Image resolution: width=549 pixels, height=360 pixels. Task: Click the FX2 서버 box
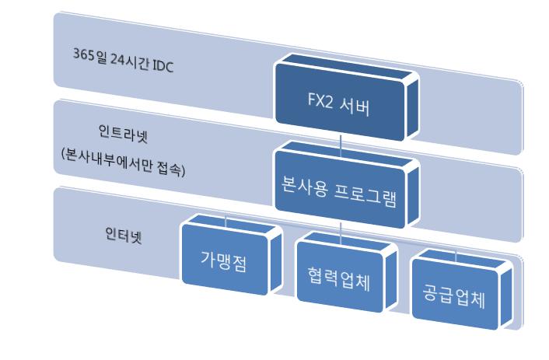(x=347, y=99)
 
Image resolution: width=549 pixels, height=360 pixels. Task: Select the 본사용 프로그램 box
(x=347, y=187)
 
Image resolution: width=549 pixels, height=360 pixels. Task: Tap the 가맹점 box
(x=232, y=256)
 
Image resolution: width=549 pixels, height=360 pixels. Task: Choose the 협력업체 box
(x=347, y=274)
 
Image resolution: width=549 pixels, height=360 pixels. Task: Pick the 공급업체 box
(x=461, y=291)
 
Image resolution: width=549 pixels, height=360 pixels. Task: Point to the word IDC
(x=163, y=66)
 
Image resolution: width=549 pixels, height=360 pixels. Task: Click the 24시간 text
(x=130, y=61)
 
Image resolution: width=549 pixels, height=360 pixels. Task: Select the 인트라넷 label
(x=123, y=134)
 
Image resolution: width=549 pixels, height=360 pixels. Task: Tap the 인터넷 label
(x=124, y=235)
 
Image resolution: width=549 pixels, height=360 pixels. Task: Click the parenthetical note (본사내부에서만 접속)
(x=123, y=163)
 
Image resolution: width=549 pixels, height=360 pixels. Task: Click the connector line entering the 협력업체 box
(x=341, y=233)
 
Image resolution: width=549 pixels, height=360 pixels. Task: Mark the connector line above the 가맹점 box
(x=226, y=222)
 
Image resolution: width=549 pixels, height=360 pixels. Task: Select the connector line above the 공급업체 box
(x=456, y=256)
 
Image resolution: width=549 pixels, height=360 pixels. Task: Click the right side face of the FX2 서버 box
(x=412, y=109)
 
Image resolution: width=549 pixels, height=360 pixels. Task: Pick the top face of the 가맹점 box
(x=232, y=225)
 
